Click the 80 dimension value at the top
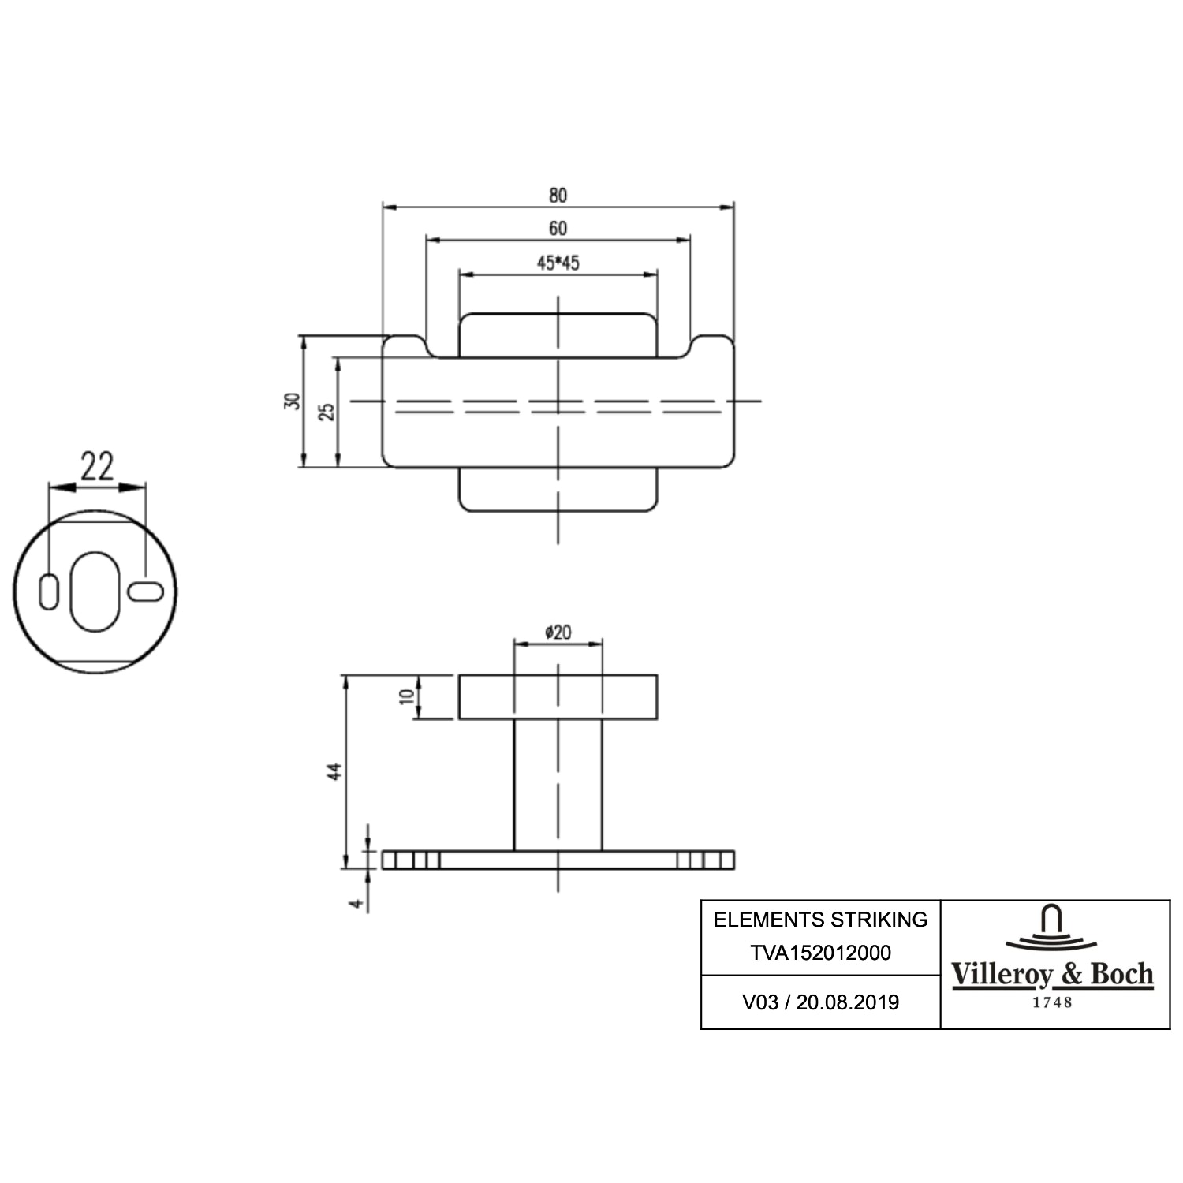pyautogui.click(x=558, y=195)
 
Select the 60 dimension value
pyautogui.click(x=558, y=229)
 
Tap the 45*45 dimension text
pyautogui.click(x=558, y=263)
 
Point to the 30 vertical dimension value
pyautogui.click(x=293, y=400)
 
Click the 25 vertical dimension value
pyautogui.click(x=327, y=411)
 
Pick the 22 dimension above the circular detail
pyautogui.click(x=97, y=466)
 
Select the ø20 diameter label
pyautogui.click(x=558, y=632)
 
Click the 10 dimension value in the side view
pyautogui.click(x=407, y=696)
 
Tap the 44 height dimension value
pyautogui.click(x=335, y=771)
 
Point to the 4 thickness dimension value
pyautogui.click(x=358, y=903)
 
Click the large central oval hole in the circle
pyautogui.click(x=96, y=591)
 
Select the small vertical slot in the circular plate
pyautogui.click(x=49, y=592)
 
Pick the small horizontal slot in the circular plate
pyautogui.click(x=146, y=591)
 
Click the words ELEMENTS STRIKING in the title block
pyautogui.click(x=820, y=920)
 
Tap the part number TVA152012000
pyautogui.click(x=820, y=953)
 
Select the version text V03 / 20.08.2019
pyautogui.click(x=820, y=1002)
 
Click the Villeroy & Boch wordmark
pyautogui.click(x=1053, y=975)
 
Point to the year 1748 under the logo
pyautogui.click(x=1053, y=1002)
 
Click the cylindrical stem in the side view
pyautogui.click(x=558, y=785)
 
